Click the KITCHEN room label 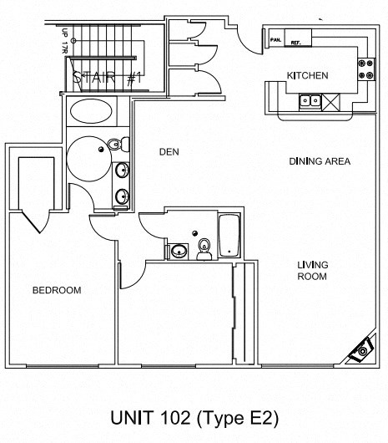307,76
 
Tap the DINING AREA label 319,161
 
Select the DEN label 170,151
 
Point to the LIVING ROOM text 313,270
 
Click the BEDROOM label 56,290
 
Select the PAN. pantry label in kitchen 275,38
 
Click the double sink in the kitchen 310,102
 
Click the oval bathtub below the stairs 93,111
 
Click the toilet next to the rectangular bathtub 204,247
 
